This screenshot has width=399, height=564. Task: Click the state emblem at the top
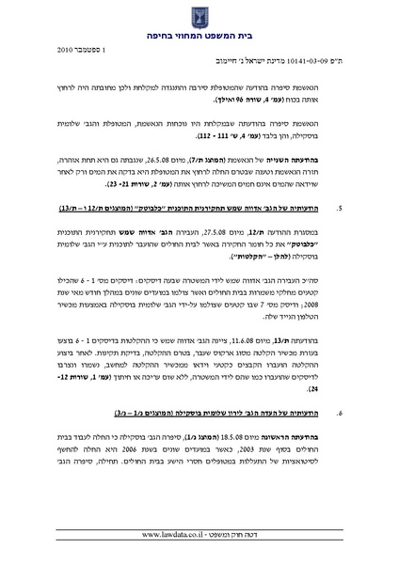coord(199,13)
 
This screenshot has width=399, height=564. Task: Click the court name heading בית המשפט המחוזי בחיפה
coord(199,31)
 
